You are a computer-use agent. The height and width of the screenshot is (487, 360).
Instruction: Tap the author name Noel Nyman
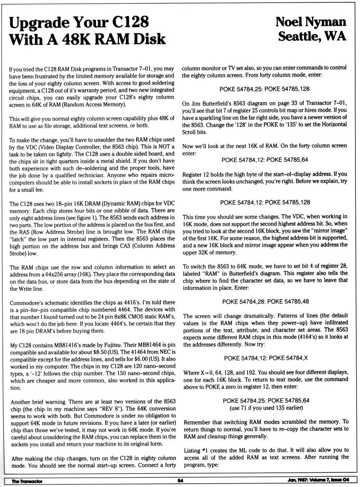point(311,21)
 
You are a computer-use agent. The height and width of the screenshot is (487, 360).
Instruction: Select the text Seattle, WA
point(312,36)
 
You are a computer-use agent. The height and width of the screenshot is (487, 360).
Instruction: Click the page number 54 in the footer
point(180,481)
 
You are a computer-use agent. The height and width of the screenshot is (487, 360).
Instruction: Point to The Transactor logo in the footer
point(27,481)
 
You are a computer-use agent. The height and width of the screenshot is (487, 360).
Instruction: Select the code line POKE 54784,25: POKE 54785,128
point(264,89)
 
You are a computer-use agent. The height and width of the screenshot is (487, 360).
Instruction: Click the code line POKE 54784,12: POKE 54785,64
point(265,160)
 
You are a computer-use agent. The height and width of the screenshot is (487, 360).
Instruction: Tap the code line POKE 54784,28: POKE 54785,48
point(265,301)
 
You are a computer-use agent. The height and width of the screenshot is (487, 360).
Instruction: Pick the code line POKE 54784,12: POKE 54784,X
point(265,358)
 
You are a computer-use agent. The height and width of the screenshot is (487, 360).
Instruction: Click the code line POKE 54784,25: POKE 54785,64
point(266,401)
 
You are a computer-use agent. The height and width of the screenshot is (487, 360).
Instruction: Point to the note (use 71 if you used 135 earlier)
point(266,408)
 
